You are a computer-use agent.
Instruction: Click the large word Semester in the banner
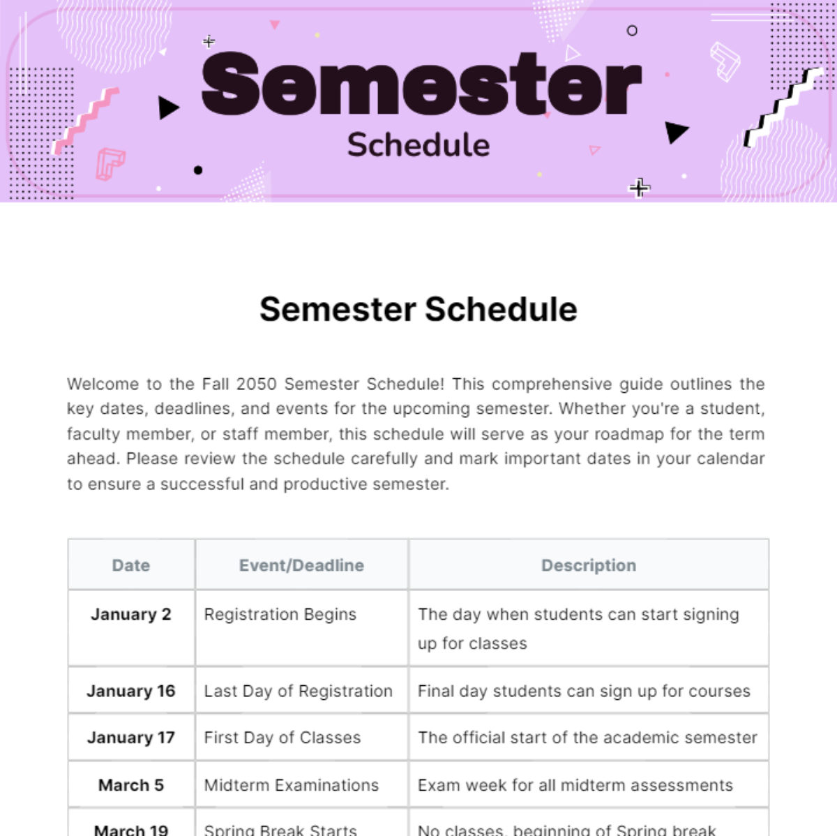point(421,85)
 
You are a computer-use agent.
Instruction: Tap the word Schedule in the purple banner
point(418,145)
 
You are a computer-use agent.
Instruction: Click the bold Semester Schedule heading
point(418,309)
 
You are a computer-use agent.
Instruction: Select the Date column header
point(131,565)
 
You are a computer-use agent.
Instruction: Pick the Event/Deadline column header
point(301,565)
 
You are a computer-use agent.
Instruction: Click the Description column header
point(589,565)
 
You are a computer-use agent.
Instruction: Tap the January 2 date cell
point(131,614)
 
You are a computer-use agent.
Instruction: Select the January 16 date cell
point(131,691)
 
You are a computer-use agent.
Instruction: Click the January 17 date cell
point(131,738)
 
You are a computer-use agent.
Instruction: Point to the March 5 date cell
point(131,785)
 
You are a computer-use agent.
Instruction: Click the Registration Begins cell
point(280,614)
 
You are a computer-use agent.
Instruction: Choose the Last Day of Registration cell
point(298,691)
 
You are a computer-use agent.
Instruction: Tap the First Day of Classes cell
point(282,738)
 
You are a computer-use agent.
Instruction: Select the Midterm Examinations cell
point(291,785)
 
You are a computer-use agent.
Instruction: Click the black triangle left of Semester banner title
point(167,108)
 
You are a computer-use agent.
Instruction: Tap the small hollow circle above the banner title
point(632,31)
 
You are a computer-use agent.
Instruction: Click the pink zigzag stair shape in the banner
point(86,120)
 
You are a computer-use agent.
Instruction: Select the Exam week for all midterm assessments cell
point(575,785)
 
